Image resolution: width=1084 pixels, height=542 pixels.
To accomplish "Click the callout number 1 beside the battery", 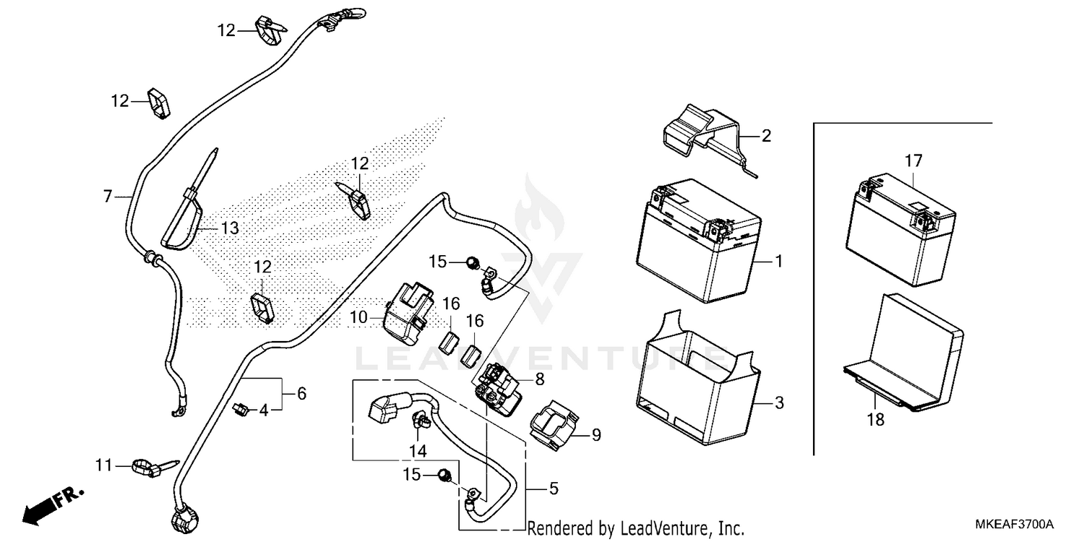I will [x=778, y=260].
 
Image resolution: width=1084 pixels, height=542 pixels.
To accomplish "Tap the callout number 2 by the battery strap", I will [x=766, y=136].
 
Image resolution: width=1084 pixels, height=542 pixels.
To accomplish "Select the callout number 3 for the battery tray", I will [x=778, y=403].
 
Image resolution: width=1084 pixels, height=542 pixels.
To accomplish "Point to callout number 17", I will [x=913, y=160].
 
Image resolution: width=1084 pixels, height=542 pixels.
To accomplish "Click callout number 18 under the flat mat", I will [x=875, y=419].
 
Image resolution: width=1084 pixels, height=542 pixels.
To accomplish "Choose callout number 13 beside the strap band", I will [x=229, y=229].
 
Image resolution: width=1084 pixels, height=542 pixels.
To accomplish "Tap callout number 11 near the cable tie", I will [x=105, y=465].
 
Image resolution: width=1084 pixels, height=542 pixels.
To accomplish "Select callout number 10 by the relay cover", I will [x=359, y=317].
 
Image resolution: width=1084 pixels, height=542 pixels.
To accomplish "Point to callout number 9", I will [x=596, y=435].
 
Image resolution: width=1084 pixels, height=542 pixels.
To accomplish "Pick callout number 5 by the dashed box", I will [x=554, y=489].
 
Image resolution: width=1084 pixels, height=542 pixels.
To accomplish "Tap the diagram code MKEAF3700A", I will [x=1018, y=523].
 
